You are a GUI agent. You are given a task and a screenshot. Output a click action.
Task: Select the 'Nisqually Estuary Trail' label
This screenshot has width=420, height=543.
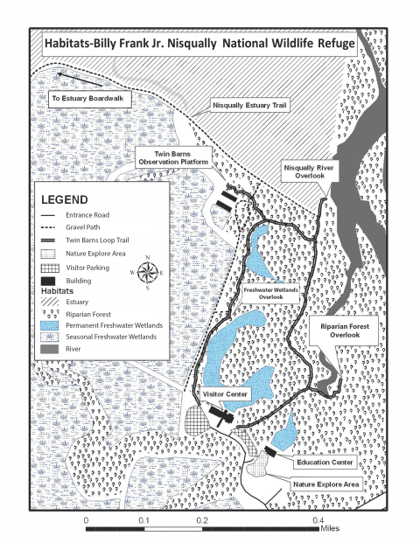(x=250, y=105)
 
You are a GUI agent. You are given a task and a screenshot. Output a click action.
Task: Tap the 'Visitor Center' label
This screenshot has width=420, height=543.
(x=227, y=394)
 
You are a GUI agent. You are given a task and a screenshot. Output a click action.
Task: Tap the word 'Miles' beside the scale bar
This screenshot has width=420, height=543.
(x=330, y=528)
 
